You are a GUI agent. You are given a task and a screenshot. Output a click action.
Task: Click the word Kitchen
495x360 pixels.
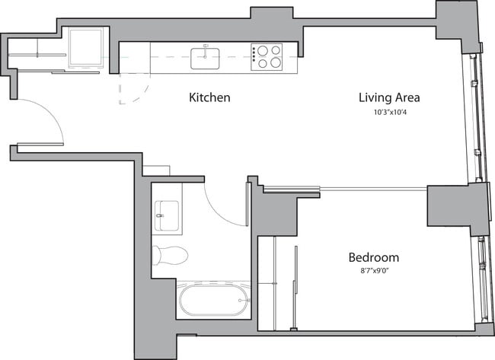(209, 98)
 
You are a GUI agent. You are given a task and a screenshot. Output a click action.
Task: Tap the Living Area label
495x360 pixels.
(389, 98)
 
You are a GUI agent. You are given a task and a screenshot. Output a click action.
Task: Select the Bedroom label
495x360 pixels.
(373, 258)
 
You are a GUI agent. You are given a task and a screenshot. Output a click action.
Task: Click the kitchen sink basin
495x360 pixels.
(206, 54)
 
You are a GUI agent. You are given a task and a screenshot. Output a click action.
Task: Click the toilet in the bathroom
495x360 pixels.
(169, 253)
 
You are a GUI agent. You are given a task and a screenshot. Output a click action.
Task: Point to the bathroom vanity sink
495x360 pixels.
(167, 215)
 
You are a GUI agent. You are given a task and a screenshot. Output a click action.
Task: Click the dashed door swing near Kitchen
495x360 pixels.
(131, 88)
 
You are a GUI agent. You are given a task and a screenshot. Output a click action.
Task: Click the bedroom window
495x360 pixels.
(482, 278)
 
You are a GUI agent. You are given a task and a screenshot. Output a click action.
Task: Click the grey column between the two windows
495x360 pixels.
(458, 209)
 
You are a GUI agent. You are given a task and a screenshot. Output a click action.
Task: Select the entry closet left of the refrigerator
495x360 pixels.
(37, 56)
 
